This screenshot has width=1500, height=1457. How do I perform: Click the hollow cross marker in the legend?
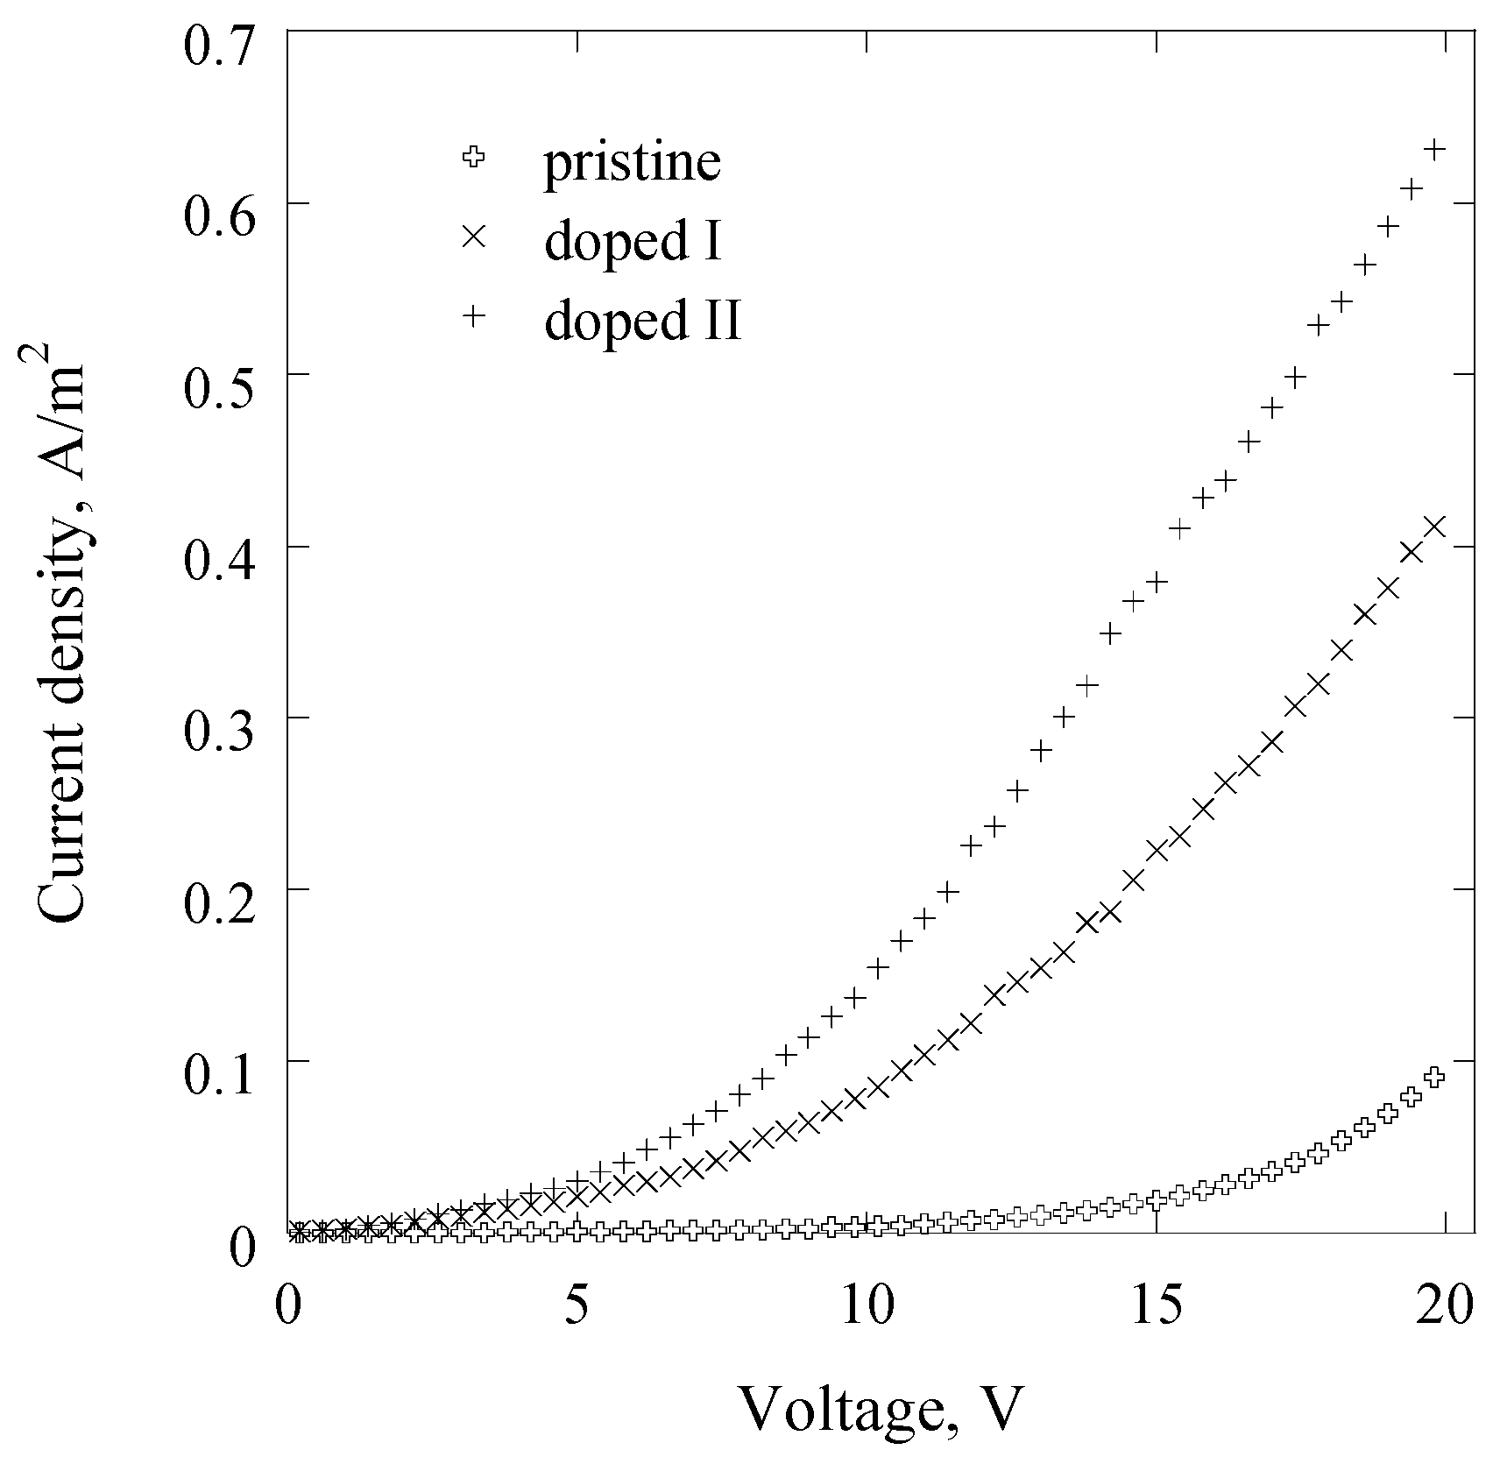[474, 159]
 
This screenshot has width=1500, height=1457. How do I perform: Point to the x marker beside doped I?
[474, 236]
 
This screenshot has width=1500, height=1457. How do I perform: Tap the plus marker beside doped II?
[474, 315]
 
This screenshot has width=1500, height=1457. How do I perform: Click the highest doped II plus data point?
[1434, 150]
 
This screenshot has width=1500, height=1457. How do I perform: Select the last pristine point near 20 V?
[1433, 1077]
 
